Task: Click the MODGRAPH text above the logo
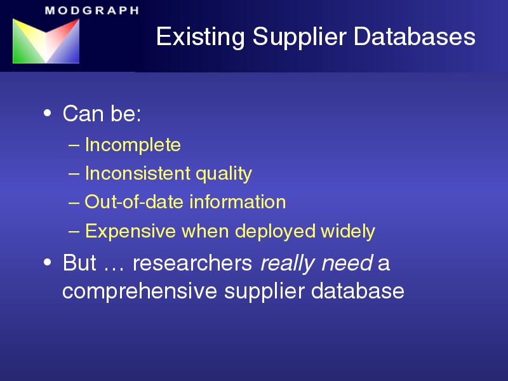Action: [92, 10]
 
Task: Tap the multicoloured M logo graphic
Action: [46, 41]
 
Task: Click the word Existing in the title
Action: [200, 37]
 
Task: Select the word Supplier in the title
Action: [299, 37]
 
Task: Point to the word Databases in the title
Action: [415, 36]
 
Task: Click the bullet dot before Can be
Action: [47, 114]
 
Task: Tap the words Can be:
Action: [102, 114]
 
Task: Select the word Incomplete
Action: [133, 145]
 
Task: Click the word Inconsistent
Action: [138, 173]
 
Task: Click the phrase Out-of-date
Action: [134, 202]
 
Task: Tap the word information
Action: [237, 202]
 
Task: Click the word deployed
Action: [275, 232]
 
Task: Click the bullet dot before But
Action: [47, 262]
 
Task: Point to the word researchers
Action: [192, 263]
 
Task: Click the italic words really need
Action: [317, 264]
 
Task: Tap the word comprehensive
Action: [140, 291]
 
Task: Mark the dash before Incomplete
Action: [74, 145]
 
